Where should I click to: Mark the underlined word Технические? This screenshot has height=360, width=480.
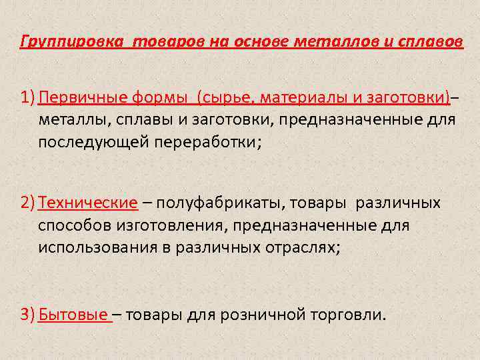click(88, 203)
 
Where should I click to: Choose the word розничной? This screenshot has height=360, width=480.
click(265, 314)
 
